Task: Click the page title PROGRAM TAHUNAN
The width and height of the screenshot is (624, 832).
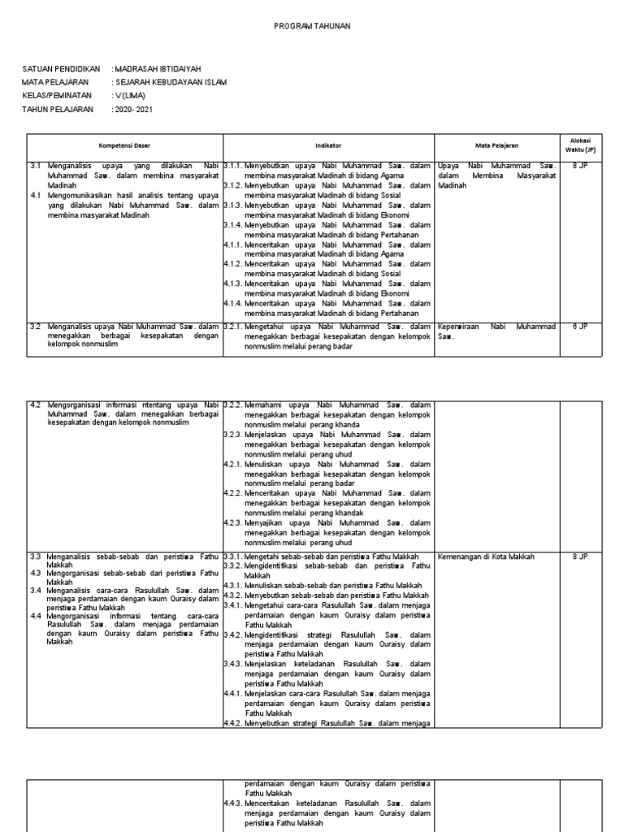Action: [x=312, y=27]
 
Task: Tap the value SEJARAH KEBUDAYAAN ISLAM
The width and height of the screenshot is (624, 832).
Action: [x=171, y=82]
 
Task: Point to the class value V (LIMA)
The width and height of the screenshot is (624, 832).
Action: [x=131, y=95]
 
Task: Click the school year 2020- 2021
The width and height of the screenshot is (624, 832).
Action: [x=133, y=108]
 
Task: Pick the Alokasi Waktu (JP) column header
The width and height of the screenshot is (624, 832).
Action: [x=580, y=145]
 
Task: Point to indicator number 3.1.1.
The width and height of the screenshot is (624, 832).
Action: [x=233, y=166]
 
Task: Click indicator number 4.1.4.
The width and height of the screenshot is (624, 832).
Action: [x=233, y=302]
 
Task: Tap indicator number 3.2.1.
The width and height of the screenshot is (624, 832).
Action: [x=233, y=327]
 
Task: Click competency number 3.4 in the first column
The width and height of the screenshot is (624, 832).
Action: [x=36, y=590]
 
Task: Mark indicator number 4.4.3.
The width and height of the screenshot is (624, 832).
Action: [x=233, y=803]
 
